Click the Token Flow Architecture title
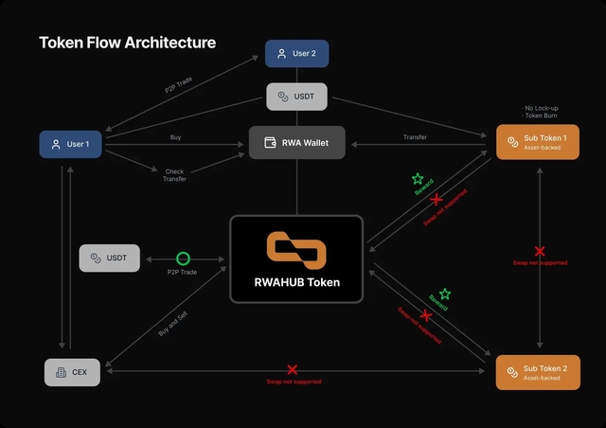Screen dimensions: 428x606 click(127, 43)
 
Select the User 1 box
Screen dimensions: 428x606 click(71, 144)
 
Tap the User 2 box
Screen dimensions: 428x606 click(296, 54)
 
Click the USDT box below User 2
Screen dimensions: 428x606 click(296, 97)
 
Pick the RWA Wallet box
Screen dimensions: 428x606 click(296, 143)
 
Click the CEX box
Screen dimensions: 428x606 click(72, 372)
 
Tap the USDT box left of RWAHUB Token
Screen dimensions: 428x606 click(109, 258)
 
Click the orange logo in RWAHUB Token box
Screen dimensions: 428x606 click(296, 247)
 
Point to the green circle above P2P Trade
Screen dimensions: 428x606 click(183, 258)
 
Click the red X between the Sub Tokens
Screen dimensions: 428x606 click(540, 251)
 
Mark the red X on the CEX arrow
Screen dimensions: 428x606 click(293, 369)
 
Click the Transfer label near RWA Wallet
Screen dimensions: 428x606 click(415, 137)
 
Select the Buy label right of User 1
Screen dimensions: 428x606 click(175, 137)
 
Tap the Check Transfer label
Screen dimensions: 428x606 click(175, 174)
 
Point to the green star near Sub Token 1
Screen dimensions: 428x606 click(418, 178)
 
